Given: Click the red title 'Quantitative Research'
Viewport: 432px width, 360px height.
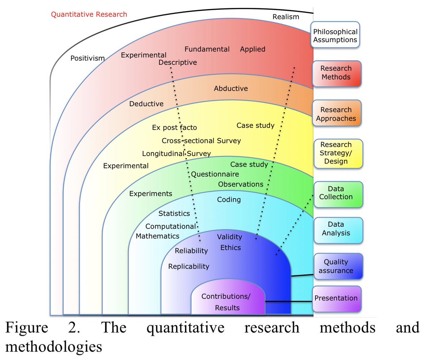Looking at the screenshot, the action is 89,14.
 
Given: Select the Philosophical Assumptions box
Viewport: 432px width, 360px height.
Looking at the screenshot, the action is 335,36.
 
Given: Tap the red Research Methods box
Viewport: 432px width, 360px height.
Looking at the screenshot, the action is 336,73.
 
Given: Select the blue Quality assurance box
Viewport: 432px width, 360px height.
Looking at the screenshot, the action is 338,267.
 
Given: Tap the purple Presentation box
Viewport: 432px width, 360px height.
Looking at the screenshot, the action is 336,298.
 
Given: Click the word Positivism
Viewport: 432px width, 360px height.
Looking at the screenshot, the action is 87,58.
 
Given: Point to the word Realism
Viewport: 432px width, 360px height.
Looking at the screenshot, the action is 286,17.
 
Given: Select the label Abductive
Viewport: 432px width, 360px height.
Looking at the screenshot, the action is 231,88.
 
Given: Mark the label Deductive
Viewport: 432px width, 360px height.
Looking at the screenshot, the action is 146,104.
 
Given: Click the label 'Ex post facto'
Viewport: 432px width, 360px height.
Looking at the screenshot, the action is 175,128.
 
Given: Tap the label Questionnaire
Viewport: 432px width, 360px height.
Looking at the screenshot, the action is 215,174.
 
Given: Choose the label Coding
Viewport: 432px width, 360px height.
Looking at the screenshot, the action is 229,199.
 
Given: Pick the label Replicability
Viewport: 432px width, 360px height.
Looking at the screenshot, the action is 189,266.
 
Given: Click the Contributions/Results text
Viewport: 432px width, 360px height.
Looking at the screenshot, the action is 227,302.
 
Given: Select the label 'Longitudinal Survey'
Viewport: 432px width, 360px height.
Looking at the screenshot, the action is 176,154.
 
